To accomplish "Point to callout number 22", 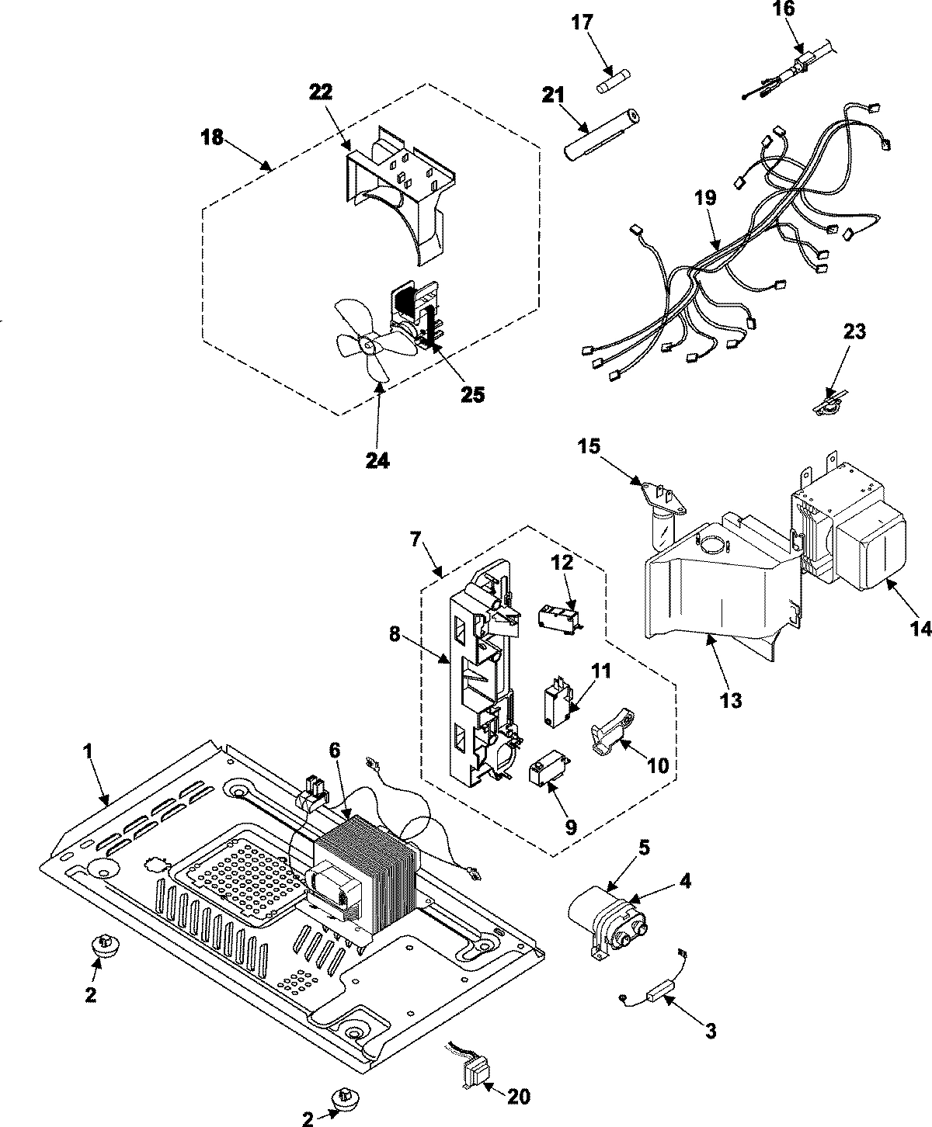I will pyautogui.click(x=322, y=92).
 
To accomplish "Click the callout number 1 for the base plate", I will pyautogui.click(x=88, y=751).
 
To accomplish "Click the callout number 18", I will pyautogui.click(x=211, y=138).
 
